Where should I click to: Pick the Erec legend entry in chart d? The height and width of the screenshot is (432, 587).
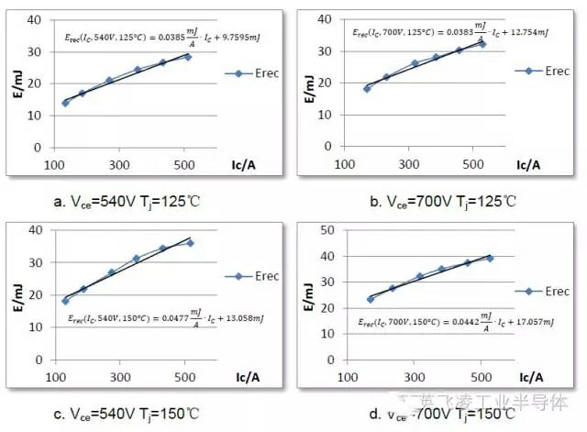(x=544, y=292)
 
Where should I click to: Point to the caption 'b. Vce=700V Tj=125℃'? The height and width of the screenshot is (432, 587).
(x=439, y=201)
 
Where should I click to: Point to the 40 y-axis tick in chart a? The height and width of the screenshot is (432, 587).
(x=34, y=19)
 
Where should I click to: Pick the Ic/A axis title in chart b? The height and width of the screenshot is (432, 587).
(x=529, y=165)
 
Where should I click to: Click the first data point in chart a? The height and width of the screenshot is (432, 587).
(x=65, y=103)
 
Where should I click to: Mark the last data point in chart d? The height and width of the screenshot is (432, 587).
(x=489, y=258)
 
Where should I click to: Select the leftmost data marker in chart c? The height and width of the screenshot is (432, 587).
(x=65, y=301)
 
